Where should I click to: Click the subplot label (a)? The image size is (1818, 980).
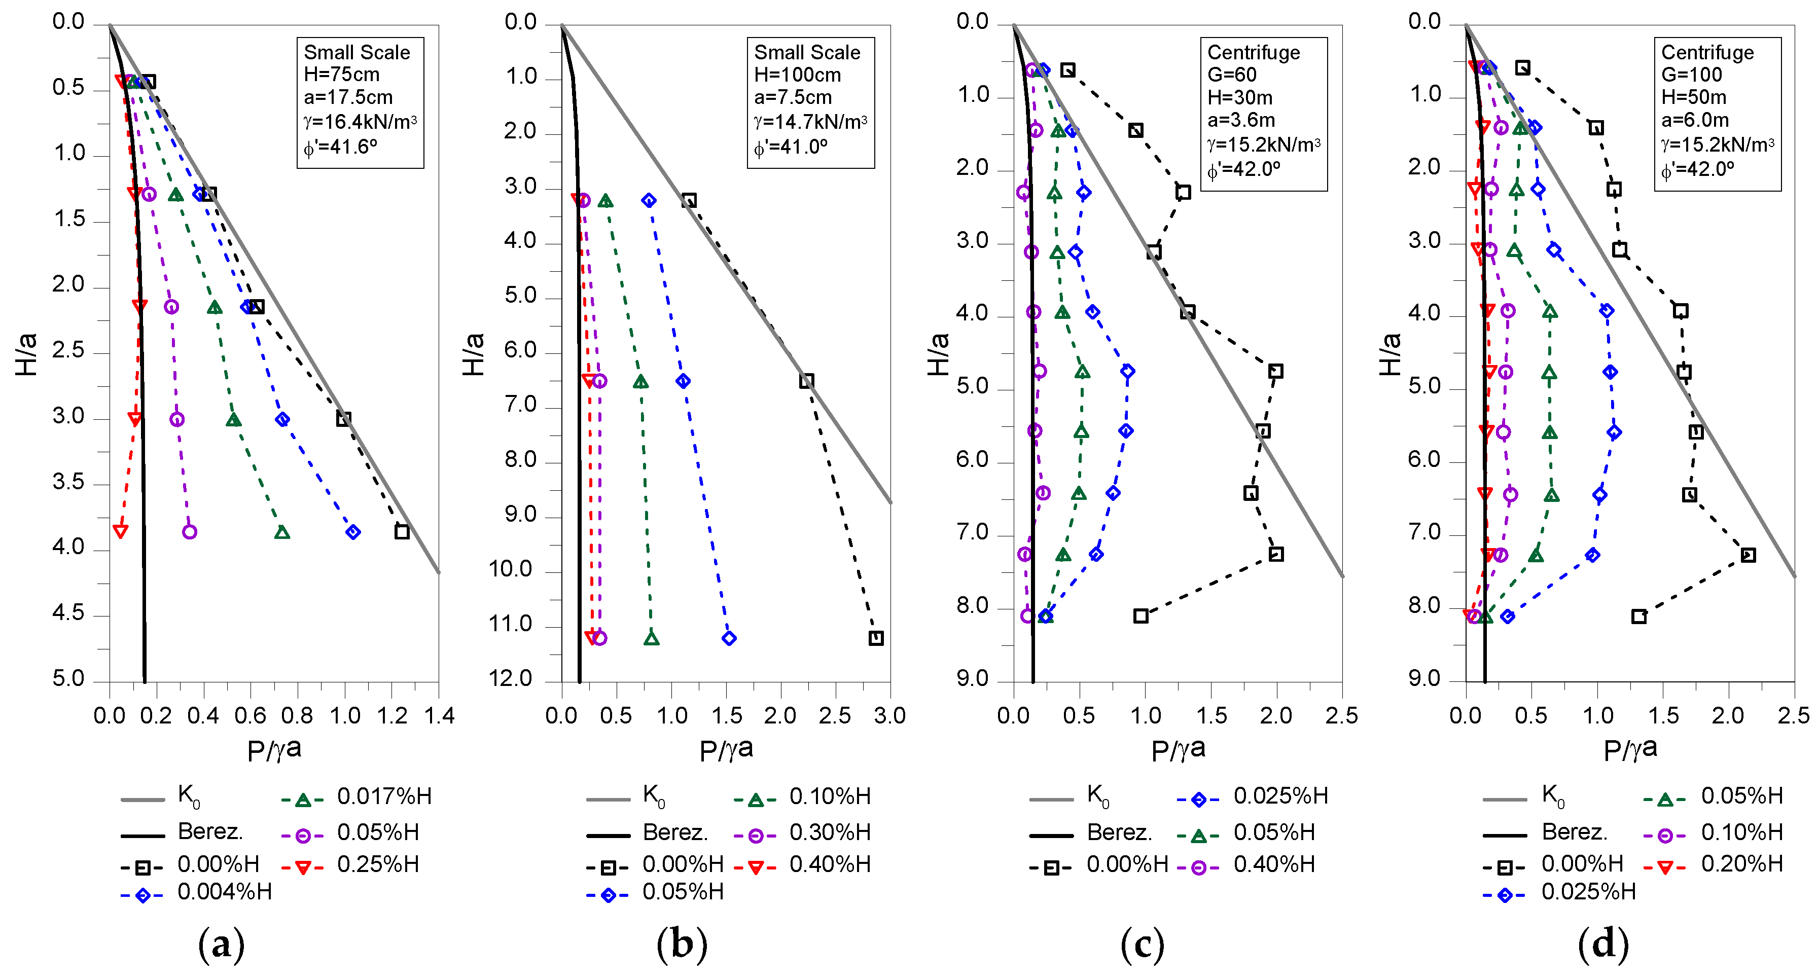(x=221, y=945)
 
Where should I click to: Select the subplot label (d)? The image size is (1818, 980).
(x=1603, y=945)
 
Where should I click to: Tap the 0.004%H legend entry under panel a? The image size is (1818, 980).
(x=224, y=892)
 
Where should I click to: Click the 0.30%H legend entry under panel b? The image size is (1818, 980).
(x=829, y=832)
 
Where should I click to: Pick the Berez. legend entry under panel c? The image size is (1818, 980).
(x=1119, y=832)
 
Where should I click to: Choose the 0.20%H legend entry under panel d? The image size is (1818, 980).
(x=1741, y=863)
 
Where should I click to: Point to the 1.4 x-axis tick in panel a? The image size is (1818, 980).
(x=438, y=715)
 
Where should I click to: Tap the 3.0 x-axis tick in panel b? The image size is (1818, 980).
(x=889, y=715)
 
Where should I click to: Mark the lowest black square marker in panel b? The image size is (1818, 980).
(x=876, y=638)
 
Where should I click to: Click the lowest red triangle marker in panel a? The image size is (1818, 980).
(x=121, y=531)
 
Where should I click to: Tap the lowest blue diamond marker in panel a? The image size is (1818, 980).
(x=353, y=531)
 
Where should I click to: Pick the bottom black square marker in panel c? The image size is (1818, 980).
(x=1140, y=616)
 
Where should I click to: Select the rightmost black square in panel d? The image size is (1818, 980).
(x=1748, y=555)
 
